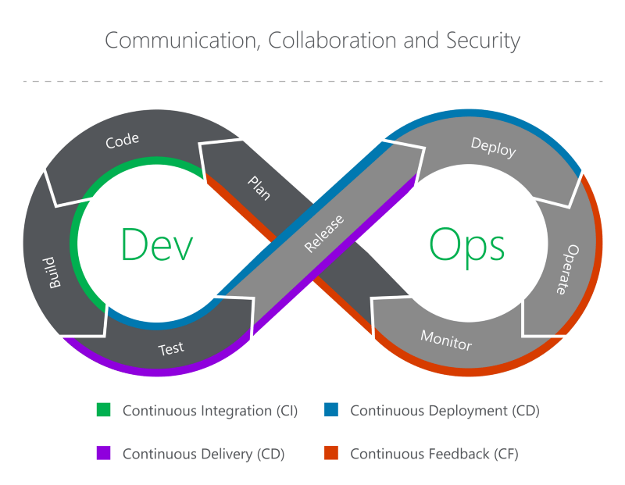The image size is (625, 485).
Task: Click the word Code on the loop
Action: tap(122, 140)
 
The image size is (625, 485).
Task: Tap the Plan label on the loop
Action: tap(259, 188)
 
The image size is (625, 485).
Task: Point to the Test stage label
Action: tap(171, 348)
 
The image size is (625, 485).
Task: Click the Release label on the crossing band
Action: tap(323, 234)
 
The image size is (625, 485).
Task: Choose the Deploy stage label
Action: tap(493, 147)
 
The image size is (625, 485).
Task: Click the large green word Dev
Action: tap(156, 244)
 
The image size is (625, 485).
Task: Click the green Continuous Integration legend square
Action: tap(104, 409)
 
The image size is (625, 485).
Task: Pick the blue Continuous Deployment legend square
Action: tap(331, 409)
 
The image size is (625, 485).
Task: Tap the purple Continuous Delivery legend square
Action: tap(104, 453)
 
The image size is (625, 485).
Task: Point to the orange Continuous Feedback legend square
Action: tap(331, 453)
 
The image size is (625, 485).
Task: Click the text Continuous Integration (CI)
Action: tap(210, 410)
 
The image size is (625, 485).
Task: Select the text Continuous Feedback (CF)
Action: tap(434, 454)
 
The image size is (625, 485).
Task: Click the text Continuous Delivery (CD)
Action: tap(203, 454)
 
